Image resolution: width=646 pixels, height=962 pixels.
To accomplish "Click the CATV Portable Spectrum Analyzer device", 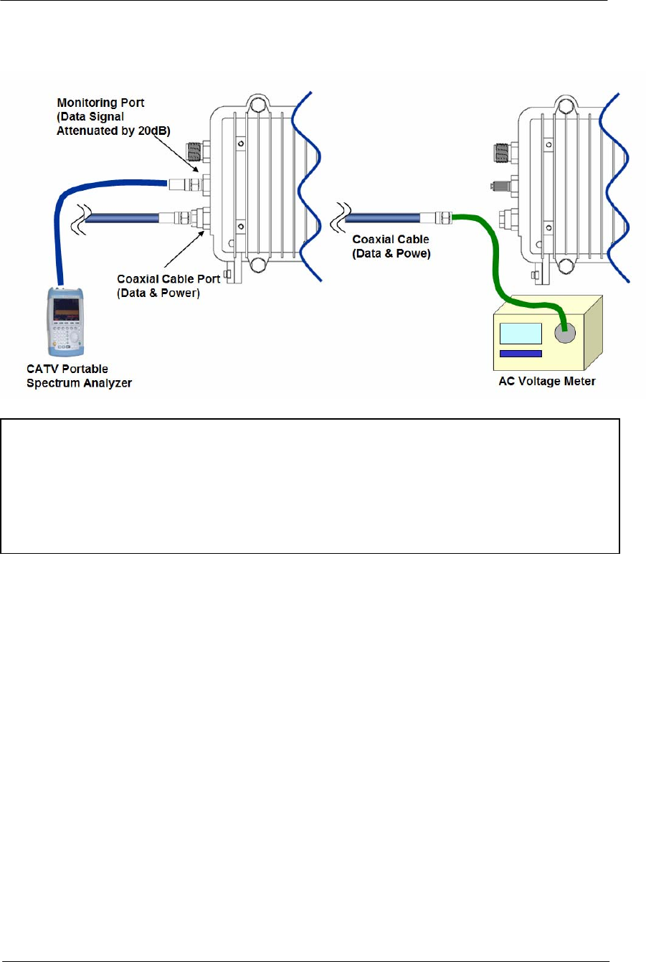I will [x=66, y=322].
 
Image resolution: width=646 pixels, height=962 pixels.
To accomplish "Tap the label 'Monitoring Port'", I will [x=100, y=103].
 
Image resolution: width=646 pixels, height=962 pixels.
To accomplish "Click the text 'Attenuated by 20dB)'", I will [x=113, y=131].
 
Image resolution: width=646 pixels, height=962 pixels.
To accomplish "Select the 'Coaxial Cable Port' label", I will [x=168, y=279].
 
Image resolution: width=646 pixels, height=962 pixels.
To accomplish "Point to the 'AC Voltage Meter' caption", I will [x=547, y=382].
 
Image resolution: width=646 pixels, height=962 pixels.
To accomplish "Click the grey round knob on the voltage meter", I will [x=565, y=332].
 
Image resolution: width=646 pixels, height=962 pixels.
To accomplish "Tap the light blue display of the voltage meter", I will [x=520, y=334].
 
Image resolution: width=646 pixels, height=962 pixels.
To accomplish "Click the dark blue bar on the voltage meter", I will [x=520, y=354].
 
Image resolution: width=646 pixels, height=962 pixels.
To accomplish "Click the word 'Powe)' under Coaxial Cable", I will [x=413, y=254].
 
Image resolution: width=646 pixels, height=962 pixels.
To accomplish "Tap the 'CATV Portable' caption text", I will [x=67, y=369].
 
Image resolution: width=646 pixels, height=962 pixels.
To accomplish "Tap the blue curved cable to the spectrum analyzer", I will [x=72, y=215].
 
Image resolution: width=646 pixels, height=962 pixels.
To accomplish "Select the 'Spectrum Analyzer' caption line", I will [x=79, y=383].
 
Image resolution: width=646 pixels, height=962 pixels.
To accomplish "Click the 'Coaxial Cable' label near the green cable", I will [x=391, y=240].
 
